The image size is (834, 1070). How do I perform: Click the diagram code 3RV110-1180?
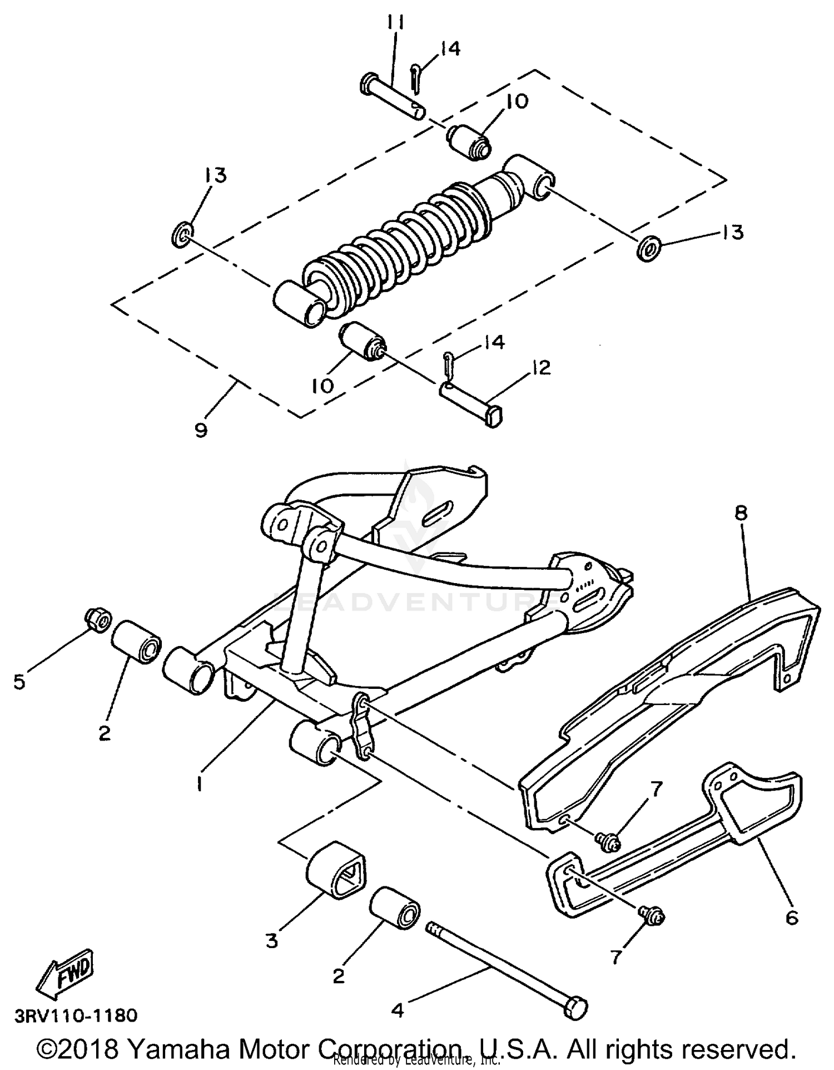click(76, 1016)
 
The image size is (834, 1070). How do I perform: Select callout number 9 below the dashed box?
click(201, 430)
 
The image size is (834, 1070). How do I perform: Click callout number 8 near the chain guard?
click(741, 512)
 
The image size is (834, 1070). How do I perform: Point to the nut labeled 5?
click(98, 620)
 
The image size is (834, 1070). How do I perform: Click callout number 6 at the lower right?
click(792, 917)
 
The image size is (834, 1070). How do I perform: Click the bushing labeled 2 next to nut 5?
click(137, 642)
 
